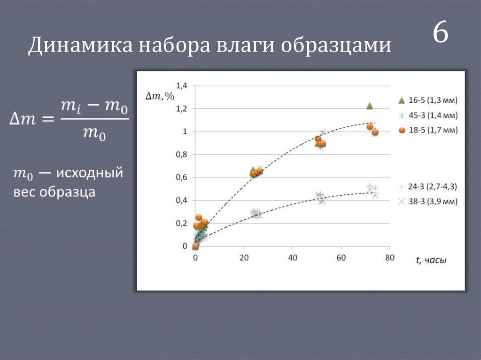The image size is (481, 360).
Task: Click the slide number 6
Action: (x=440, y=34)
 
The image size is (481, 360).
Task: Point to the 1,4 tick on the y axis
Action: (x=181, y=86)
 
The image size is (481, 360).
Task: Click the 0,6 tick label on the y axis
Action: (x=181, y=177)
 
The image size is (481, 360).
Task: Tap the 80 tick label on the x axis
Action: (x=389, y=257)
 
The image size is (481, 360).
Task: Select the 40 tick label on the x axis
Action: (x=293, y=257)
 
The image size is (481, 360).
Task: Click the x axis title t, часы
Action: (x=430, y=260)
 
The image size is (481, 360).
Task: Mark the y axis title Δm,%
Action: (x=160, y=97)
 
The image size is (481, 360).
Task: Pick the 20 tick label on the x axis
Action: (x=244, y=257)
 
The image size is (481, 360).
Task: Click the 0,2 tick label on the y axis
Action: (x=181, y=223)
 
